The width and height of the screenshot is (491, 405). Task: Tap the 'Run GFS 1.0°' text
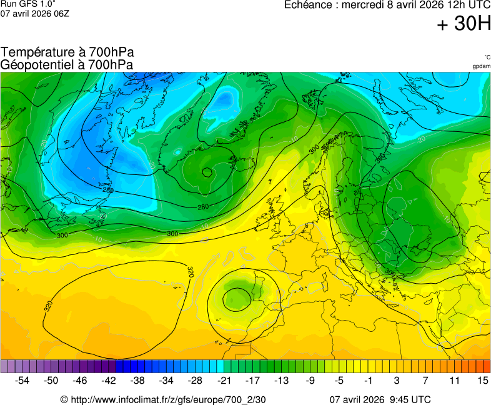tap(28, 4)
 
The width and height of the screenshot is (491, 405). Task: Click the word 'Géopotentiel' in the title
tap(36, 64)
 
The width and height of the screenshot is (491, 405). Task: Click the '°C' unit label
tap(487, 57)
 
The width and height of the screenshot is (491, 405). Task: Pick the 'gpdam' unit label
tap(481, 66)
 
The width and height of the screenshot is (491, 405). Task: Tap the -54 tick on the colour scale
tap(22, 380)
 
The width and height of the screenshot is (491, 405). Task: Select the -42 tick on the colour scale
tap(109, 380)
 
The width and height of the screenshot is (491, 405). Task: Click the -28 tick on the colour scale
tap(196, 380)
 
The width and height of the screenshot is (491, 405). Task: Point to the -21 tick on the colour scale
tap(224, 380)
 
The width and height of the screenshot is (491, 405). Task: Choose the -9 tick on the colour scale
tap(310, 380)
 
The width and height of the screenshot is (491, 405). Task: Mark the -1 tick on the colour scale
tap(368, 380)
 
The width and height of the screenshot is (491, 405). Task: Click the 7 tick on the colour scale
tap(425, 380)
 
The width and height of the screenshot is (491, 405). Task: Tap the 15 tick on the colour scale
tap(482, 380)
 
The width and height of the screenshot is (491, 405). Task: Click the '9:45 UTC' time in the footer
tap(409, 399)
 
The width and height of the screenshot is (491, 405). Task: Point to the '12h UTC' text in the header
tap(469, 5)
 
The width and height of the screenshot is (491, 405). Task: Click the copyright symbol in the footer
tap(64, 399)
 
